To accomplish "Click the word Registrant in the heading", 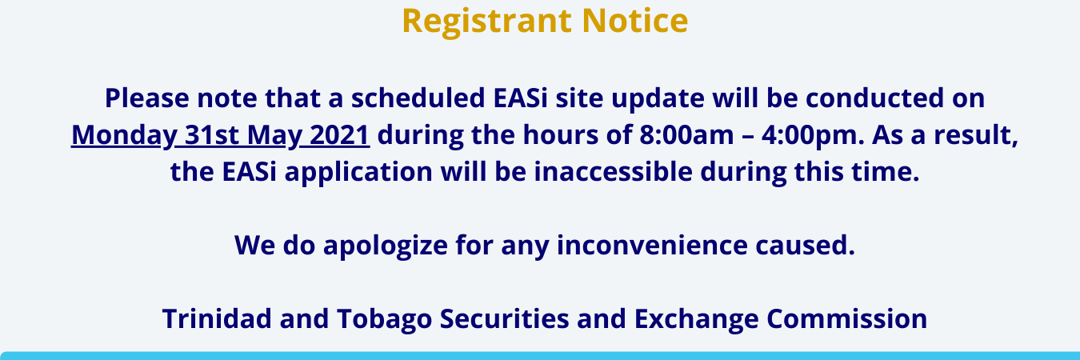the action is click(x=487, y=22).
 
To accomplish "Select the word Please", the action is click(x=147, y=98).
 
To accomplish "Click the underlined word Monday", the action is click(x=124, y=135).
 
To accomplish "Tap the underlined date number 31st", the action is click(x=212, y=135).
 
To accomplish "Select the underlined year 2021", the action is click(x=339, y=135).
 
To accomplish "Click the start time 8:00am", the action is click(x=686, y=135).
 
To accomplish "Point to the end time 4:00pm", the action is click(x=814, y=135).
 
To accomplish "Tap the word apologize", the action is click(x=386, y=246).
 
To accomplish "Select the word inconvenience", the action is click(x=652, y=246).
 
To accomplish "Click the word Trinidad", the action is click(x=217, y=318).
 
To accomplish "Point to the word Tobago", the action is click(x=384, y=319).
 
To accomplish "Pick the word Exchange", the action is click(x=696, y=319).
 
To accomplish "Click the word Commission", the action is click(x=847, y=318).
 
